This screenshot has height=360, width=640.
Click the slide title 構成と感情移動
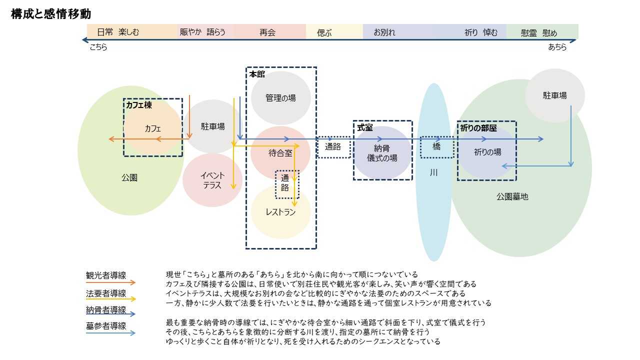[x=50, y=14]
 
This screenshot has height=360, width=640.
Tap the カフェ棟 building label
[x=138, y=105]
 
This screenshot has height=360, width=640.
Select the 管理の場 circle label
[x=280, y=98]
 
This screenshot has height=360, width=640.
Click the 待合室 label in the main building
[x=280, y=153]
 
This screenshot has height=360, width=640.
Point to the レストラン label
[x=280, y=212]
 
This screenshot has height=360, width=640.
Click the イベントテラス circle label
[x=212, y=180]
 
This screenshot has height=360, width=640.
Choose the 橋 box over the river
[x=436, y=147]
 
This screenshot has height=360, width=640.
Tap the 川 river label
[x=433, y=172]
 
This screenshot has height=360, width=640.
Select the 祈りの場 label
[x=487, y=152]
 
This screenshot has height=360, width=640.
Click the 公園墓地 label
[x=512, y=196]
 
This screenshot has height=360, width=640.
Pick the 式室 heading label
[x=365, y=128]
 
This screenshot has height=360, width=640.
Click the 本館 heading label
[x=257, y=74]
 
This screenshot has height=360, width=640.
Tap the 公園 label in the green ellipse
[x=129, y=177]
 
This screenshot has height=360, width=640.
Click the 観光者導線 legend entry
[x=106, y=275]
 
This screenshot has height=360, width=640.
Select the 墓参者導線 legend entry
[x=106, y=326]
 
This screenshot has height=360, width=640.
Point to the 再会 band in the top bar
[x=267, y=32]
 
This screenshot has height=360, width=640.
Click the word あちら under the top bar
[x=557, y=47]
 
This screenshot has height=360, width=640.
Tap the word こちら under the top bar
[x=98, y=47]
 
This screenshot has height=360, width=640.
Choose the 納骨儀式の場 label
[x=382, y=153]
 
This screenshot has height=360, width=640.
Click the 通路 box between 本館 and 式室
[x=333, y=147]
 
